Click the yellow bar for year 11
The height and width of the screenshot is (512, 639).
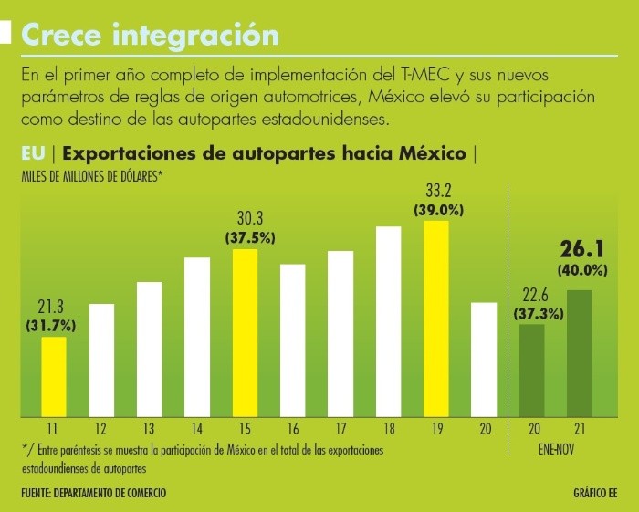(54, 376)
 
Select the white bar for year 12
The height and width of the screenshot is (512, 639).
(102, 360)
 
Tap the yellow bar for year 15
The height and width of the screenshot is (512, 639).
(245, 332)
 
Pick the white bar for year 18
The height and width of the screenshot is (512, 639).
(388, 320)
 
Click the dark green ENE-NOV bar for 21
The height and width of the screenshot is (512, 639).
(579, 353)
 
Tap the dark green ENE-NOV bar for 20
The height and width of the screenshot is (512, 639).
(531, 370)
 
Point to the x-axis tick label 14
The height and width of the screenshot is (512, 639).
(197, 429)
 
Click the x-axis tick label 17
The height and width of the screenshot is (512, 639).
(340, 429)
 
